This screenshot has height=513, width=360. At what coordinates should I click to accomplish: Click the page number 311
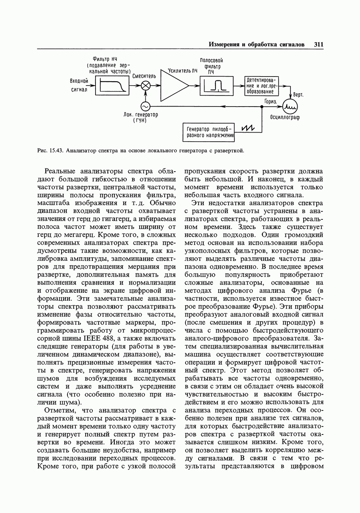coord(319,45)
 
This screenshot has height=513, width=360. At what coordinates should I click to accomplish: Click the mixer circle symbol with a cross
coord(146,85)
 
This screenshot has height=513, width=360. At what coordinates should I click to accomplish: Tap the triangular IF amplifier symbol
coord(173,85)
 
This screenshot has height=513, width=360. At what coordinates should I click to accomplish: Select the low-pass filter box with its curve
coord(113,85)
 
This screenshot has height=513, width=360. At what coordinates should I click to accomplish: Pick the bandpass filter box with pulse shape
coord(216,85)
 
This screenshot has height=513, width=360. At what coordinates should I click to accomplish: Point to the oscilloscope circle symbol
coord(291,106)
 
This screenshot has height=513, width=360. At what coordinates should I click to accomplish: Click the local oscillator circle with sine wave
coord(145,106)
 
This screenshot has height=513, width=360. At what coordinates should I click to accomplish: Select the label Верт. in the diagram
coord(298,95)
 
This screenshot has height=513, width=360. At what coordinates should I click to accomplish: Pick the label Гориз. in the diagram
coord(272,101)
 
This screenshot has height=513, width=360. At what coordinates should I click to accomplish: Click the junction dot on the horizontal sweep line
coord(262,106)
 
